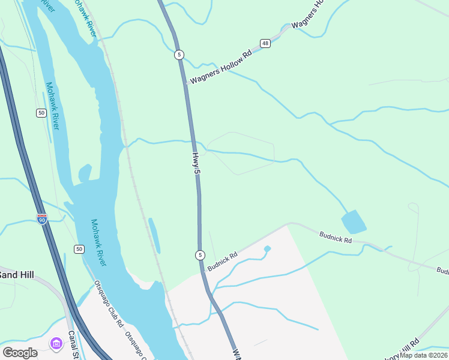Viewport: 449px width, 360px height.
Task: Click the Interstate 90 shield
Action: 41,218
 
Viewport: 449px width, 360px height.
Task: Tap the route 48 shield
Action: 265,43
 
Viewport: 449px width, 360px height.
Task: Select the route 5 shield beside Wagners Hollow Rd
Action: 179,55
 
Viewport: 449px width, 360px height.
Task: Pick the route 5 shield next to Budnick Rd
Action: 200,255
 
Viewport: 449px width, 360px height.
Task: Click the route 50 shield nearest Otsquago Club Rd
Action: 79,248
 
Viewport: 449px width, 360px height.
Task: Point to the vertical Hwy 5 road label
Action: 196,163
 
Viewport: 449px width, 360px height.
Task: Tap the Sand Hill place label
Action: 17,275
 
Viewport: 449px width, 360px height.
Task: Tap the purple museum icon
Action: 56,343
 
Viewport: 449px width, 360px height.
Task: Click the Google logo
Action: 20,352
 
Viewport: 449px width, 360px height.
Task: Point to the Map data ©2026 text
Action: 424,355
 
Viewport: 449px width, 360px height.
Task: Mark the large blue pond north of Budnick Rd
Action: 354,221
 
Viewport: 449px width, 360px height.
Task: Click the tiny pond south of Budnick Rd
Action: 267,248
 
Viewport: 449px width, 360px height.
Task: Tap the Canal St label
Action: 74,345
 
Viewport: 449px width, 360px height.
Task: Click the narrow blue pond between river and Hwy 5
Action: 154,235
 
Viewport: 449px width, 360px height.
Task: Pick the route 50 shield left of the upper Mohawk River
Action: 41,113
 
